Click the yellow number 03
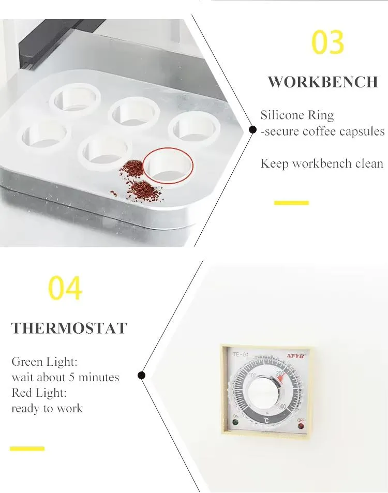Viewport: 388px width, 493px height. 328,43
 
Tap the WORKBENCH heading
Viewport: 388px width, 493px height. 323,82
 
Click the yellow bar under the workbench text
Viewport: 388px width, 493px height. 291,203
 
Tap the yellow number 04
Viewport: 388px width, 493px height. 65,289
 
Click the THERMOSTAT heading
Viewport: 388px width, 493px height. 69,328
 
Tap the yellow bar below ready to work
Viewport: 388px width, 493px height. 27,449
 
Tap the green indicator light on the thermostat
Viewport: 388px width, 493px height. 235,422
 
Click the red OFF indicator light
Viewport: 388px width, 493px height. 301,427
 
